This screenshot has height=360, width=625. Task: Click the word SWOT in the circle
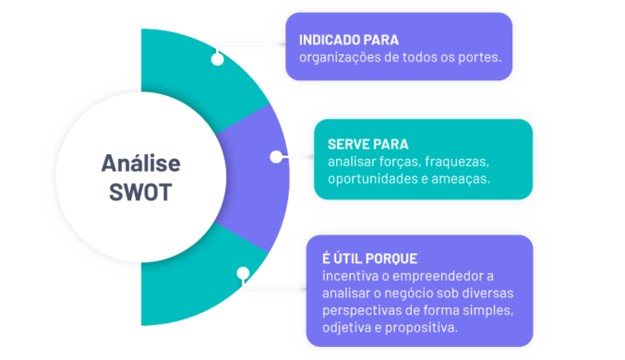pos(140,194)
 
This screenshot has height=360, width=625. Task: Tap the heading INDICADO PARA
pos(349,41)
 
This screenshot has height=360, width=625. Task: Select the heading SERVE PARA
pos(367,145)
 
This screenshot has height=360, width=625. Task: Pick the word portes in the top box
pos(479,58)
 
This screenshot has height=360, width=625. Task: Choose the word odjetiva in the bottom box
pos(348,329)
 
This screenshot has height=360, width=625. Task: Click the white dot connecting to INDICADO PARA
pos(217,59)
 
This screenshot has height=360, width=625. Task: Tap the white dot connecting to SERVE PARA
pos(275,157)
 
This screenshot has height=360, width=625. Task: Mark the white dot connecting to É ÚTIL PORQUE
pos(242,273)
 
